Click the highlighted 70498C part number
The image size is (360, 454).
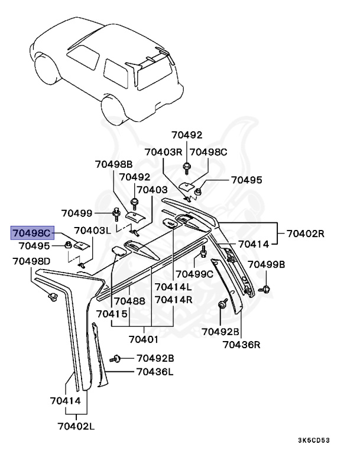[34, 232]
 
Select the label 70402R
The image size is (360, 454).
[306, 234]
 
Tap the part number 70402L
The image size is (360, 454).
[77, 425]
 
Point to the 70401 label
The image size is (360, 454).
[144, 340]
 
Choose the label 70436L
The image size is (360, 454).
[155, 372]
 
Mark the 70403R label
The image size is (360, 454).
[164, 152]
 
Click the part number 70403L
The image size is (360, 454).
[92, 230]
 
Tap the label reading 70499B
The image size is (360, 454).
[266, 264]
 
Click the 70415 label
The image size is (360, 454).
[112, 313]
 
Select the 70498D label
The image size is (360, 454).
[31, 261]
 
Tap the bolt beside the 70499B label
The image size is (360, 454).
[266, 288]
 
